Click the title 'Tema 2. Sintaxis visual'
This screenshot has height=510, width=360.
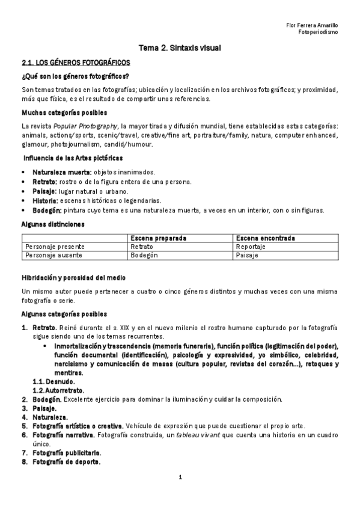181,48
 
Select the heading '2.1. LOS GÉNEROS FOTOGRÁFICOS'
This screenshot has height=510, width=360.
75,63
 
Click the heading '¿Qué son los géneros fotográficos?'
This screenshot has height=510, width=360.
76,76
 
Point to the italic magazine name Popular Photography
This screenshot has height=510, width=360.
85,126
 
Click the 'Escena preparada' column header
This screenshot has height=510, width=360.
158,238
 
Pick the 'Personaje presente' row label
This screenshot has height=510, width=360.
55,247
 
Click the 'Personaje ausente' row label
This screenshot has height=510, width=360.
53,255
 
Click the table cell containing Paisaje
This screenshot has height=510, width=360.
247,255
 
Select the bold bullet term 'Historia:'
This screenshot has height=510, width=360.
45,200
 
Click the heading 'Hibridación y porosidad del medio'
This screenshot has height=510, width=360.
74,277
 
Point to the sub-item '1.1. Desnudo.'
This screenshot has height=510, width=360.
53,381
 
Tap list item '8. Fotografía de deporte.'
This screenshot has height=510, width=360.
62,462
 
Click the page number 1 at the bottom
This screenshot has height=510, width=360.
180,478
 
